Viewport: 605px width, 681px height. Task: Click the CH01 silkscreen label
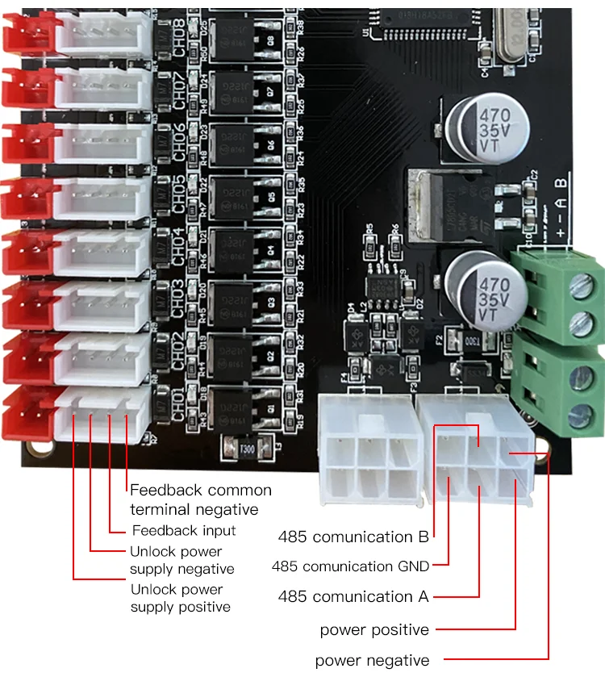(179, 404)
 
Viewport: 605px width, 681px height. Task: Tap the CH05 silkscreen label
(179, 194)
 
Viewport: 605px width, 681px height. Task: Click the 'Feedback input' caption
(184, 530)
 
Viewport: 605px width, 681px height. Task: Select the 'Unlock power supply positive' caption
(180, 598)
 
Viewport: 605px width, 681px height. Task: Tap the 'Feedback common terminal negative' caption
(201, 499)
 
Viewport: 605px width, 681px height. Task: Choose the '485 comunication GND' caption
(350, 566)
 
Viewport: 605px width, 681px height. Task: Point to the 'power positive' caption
(374, 629)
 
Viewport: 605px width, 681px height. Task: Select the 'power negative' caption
(372, 661)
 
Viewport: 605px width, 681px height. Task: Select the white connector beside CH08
(103, 35)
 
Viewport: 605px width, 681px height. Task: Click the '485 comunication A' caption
(353, 597)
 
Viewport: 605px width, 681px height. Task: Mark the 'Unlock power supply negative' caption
(182, 560)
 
